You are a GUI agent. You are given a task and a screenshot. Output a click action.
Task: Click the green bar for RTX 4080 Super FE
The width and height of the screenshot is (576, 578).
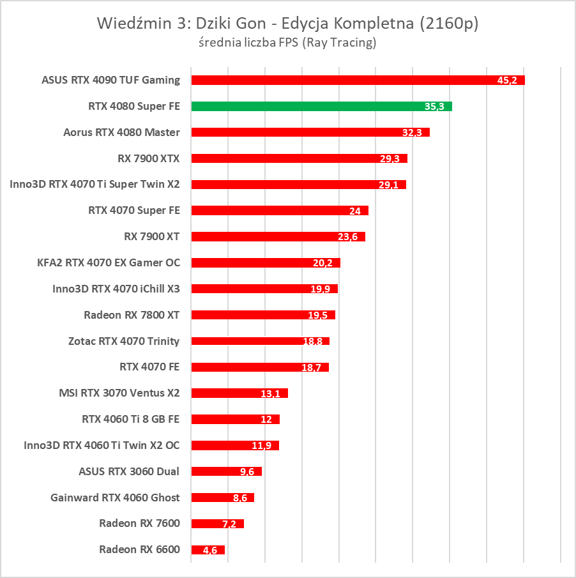(321, 106)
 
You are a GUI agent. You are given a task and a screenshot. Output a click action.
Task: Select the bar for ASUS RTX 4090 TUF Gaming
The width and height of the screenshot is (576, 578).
(358, 80)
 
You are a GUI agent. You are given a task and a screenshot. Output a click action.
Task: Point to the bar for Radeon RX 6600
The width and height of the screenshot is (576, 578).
(208, 549)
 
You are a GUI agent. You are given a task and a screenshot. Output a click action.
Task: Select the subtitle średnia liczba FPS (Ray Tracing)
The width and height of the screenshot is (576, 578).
(287, 43)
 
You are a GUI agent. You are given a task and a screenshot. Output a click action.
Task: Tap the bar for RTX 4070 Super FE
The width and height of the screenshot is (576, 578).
(279, 210)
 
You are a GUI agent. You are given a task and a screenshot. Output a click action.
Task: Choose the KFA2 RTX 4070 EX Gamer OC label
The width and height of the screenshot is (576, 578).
(109, 262)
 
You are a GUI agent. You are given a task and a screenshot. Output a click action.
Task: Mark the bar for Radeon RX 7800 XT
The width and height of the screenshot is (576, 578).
(262, 315)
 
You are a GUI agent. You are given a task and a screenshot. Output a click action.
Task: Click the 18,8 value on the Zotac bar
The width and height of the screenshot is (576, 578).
(312, 342)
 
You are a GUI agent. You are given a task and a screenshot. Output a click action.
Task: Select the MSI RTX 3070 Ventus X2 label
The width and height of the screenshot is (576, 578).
(119, 393)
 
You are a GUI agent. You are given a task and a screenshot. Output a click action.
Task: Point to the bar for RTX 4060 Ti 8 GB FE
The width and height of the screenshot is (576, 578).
(235, 419)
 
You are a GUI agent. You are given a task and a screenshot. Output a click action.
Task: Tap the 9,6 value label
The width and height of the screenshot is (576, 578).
(246, 472)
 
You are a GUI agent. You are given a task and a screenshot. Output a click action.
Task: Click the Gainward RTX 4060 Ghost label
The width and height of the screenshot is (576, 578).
(115, 498)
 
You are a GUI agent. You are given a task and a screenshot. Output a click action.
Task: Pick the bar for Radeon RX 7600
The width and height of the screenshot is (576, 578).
(217, 524)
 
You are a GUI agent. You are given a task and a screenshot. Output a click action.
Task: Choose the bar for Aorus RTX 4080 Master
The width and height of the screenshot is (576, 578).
(310, 132)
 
